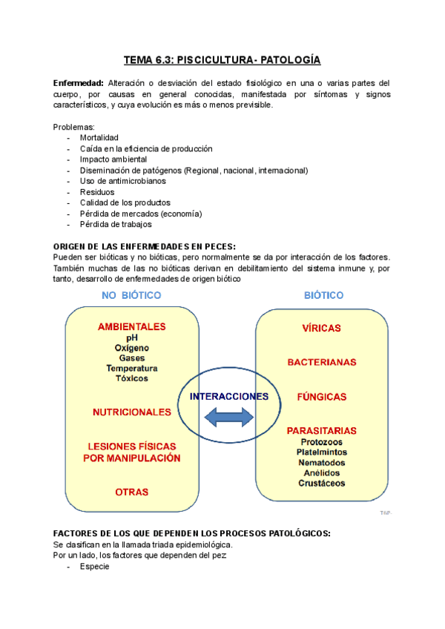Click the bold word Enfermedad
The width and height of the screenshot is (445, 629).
(79, 83)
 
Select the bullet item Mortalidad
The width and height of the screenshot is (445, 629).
(99, 138)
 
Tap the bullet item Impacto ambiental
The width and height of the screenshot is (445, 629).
(113, 159)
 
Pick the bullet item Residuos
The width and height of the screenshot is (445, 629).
(97, 191)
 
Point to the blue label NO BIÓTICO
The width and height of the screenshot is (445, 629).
(131, 295)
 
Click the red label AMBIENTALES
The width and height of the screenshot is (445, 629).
(131, 326)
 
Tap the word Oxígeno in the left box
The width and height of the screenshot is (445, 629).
(131, 347)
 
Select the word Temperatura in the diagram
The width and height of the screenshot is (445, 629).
(131, 368)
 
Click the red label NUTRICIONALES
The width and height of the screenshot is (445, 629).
(131, 412)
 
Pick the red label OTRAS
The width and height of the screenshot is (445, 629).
(131, 491)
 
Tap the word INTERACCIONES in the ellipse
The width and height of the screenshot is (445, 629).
(228, 396)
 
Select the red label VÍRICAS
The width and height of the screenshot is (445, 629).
(321, 327)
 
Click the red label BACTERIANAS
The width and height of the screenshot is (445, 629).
(321, 362)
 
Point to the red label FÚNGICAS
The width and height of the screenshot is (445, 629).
(321, 397)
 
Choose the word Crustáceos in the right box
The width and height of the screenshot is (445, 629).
(321, 483)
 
